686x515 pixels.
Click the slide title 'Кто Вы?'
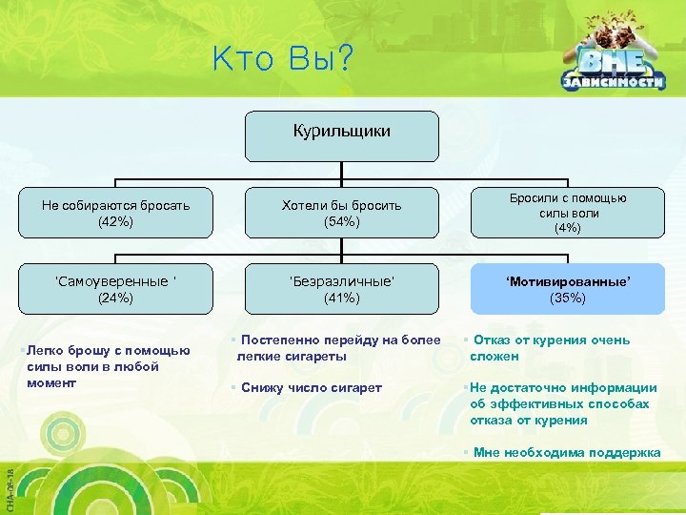point(282,60)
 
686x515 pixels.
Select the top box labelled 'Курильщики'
point(342,135)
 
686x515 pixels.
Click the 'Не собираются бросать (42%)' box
point(115,212)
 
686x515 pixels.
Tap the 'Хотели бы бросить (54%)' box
point(342,212)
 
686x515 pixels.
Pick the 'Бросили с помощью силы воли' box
point(567,212)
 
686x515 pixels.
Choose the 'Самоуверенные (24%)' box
point(115,288)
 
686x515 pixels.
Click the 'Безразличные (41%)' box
point(342,288)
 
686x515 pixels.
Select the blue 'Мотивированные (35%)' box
point(567,288)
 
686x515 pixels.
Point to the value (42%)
point(115,221)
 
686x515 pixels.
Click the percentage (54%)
point(342,221)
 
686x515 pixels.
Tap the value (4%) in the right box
point(567,229)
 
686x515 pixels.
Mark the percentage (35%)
point(567,298)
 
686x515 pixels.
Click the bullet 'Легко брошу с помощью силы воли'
point(105,366)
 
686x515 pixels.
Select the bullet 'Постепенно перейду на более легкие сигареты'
point(338,348)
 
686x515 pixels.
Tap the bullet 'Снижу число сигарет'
point(310,387)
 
